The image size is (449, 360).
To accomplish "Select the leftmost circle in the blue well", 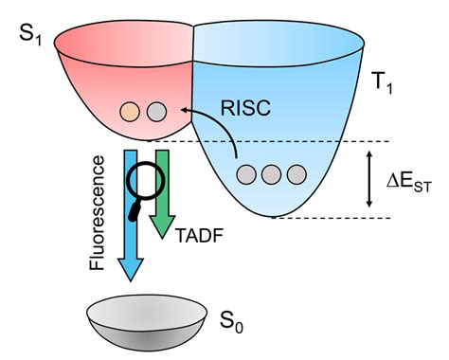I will click(246, 174).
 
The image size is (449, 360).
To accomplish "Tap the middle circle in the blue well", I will click(272, 174).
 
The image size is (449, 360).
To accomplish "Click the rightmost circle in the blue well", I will click(296, 174).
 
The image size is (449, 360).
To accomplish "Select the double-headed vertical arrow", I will click(368, 179).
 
